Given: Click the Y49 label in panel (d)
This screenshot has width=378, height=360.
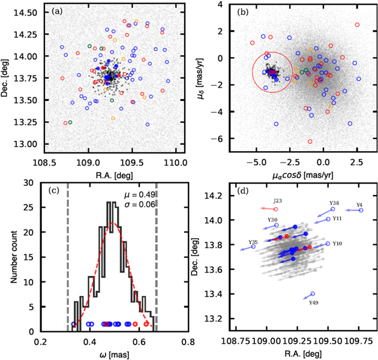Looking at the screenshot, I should pos(313,303).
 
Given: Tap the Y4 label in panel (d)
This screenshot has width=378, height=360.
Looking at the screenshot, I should pos(359,205).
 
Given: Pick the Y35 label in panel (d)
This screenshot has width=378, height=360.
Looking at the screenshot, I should pos(253,242).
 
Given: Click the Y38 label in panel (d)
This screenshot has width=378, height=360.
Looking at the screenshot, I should pos(335,203).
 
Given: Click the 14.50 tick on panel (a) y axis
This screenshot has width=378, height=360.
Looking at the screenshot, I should pos(26,12).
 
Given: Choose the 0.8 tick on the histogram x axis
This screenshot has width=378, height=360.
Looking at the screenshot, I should pos(188,341).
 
